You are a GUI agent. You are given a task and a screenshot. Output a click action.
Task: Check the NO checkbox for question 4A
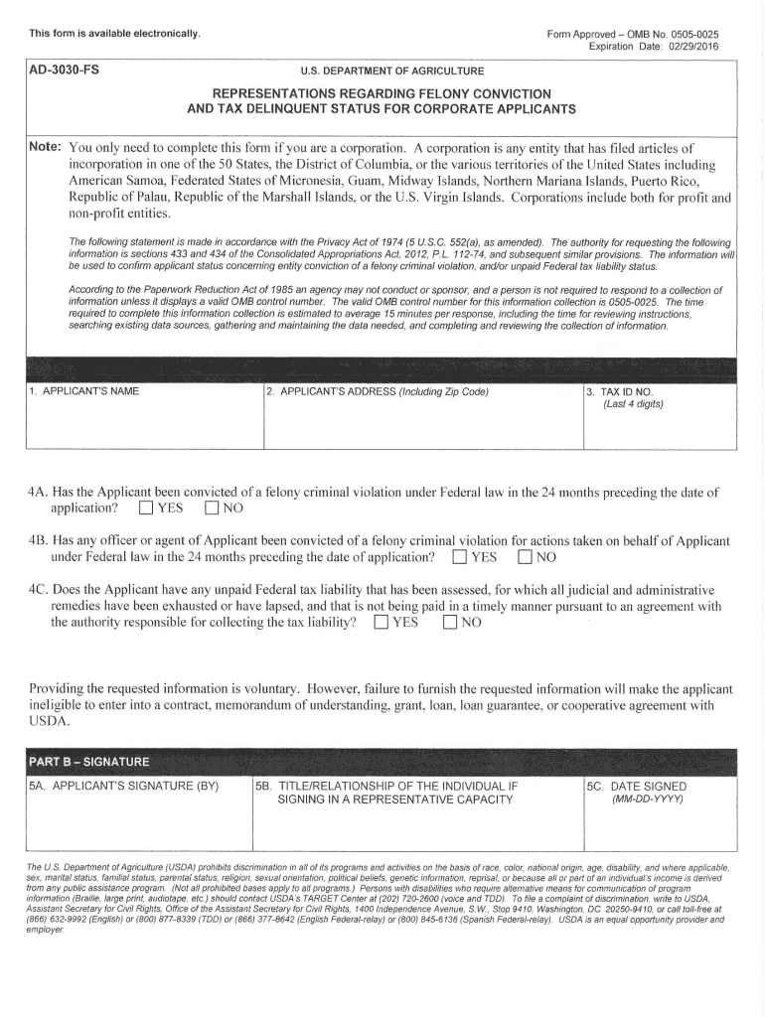click(212, 509)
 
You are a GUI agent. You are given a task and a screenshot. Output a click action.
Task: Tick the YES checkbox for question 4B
click(460, 556)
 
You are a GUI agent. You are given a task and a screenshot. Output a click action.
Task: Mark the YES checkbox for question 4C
click(382, 624)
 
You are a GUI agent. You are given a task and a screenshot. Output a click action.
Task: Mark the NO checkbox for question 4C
click(450, 624)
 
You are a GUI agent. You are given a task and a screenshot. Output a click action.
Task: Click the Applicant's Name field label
click(83, 391)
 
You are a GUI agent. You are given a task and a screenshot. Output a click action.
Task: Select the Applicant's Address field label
click(379, 391)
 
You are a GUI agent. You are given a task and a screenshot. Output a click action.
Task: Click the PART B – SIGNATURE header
click(89, 762)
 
